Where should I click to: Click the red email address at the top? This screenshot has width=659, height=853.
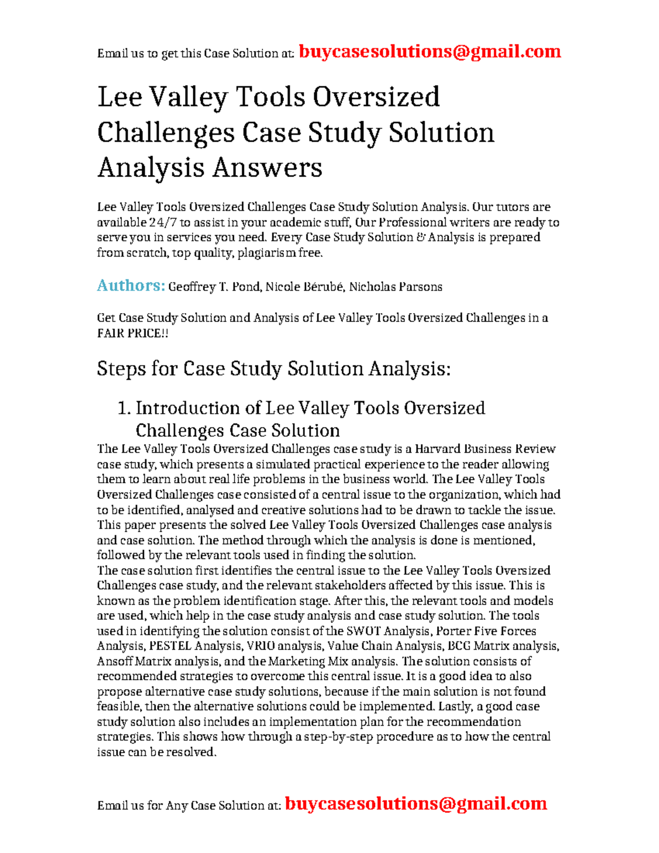(x=429, y=52)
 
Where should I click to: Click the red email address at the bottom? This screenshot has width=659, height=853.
(x=416, y=804)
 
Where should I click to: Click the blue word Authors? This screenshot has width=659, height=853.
(x=131, y=286)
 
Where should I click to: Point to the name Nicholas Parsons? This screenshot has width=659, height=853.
(x=395, y=287)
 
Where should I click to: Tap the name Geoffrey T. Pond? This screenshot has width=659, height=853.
(x=214, y=287)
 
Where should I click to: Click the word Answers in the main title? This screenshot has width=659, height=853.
(x=267, y=168)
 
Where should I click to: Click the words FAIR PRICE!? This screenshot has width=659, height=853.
(x=132, y=333)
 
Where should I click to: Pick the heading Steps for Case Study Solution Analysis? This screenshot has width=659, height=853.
(x=273, y=369)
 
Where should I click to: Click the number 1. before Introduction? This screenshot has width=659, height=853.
(x=124, y=408)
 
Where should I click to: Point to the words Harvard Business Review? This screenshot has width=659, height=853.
(x=485, y=449)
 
